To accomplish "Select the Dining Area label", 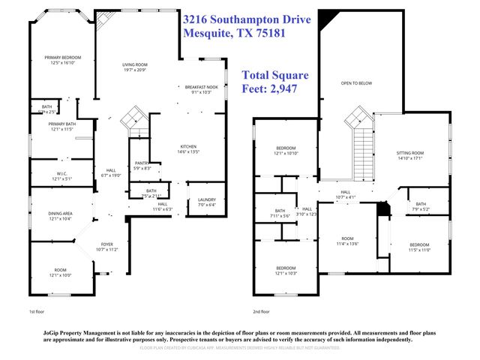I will (56, 216).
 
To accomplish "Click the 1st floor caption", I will (37, 310).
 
